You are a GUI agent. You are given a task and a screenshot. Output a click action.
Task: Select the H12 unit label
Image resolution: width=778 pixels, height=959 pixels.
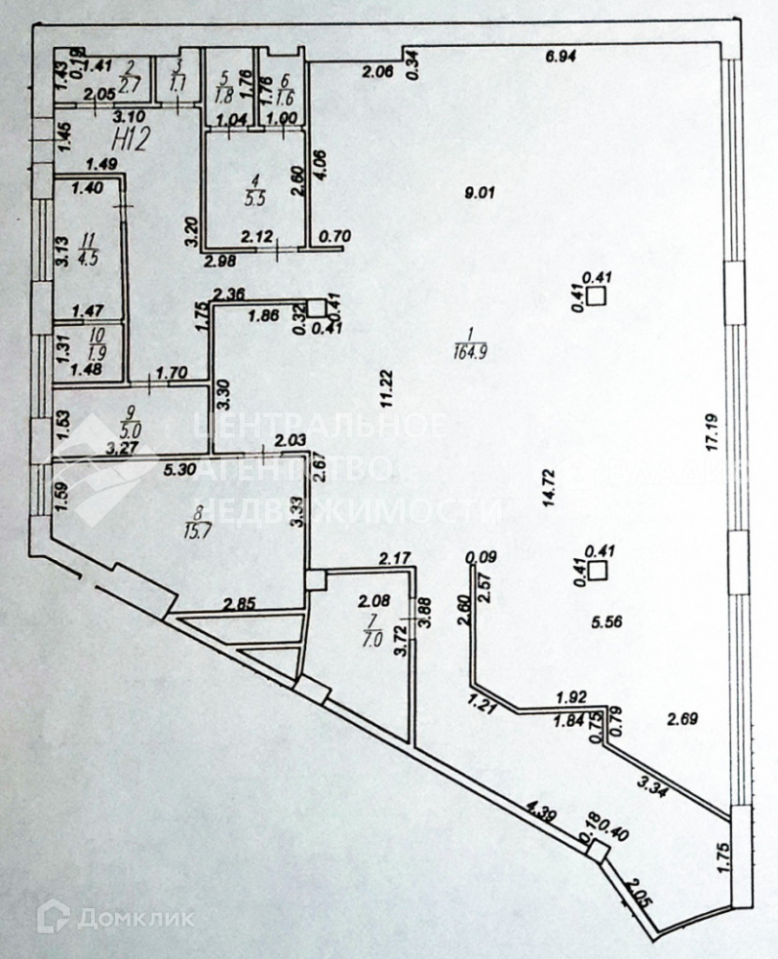(129, 140)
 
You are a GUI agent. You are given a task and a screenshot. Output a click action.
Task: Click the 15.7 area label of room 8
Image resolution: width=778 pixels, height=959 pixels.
(200, 528)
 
